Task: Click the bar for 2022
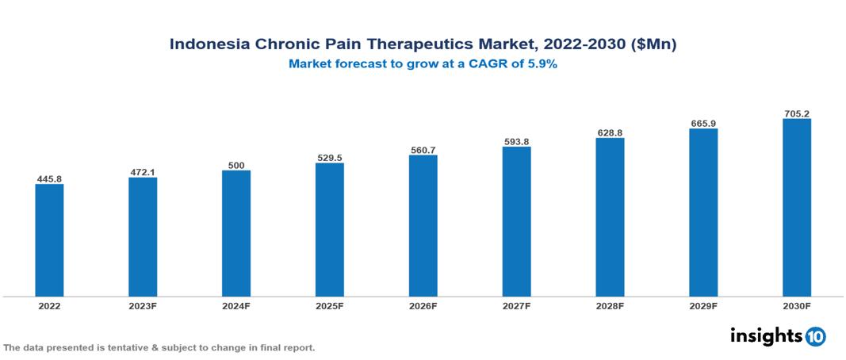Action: pyautogui.click(x=49, y=240)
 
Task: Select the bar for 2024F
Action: pyautogui.click(x=236, y=233)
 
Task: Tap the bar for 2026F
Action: pyautogui.click(x=423, y=226)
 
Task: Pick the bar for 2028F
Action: pyautogui.click(x=610, y=217)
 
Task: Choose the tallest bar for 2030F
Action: pyautogui.click(x=797, y=208)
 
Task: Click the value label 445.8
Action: pyautogui.click(x=49, y=179)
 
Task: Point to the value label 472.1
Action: pyautogui.click(x=143, y=172)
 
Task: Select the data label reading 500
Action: pyautogui.click(x=236, y=165)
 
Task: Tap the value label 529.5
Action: pyautogui.click(x=330, y=158)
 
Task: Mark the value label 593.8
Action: pyautogui.click(x=516, y=142)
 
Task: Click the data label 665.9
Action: pyautogui.click(x=703, y=124)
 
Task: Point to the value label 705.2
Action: pyautogui.click(x=797, y=114)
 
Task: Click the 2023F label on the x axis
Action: pyautogui.click(x=143, y=305)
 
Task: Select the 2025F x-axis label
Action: pyautogui.click(x=330, y=305)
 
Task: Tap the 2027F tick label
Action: pyautogui.click(x=516, y=305)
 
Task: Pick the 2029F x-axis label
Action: pyautogui.click(x=703, y=305)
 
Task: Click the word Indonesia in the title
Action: pyautogui.click(x=209, y=44)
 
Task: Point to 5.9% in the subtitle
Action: pyautogui.click(x=541, y=64)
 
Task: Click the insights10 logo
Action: pyautogui.click(x=778, y=336)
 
